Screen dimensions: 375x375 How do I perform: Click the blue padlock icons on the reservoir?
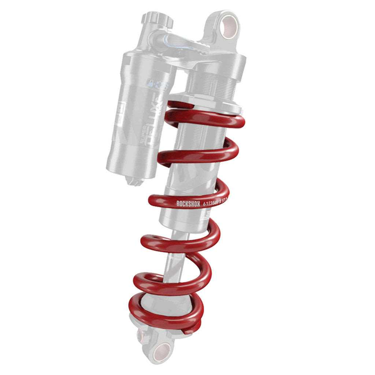(x=157, y=85)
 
